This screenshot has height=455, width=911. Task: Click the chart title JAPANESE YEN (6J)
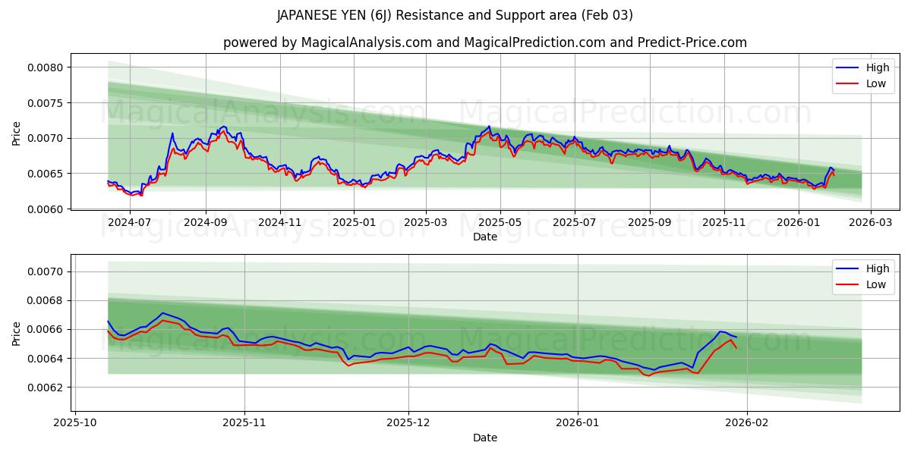click(x=455, y=15)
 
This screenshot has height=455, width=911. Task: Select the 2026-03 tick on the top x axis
click(x=870, y=223)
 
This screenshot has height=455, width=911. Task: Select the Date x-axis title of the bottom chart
click(x=484, y=438)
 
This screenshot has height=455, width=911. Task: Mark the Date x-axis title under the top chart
click(x=484, y=237)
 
